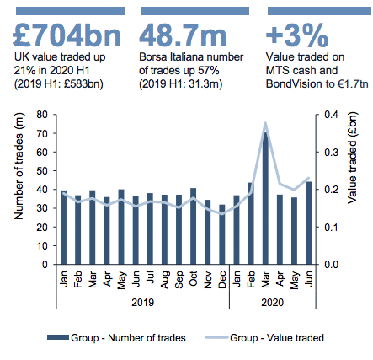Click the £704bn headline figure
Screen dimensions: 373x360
point(67,35)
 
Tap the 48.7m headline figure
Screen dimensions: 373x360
point(183,35)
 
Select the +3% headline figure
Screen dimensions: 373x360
point(297,35)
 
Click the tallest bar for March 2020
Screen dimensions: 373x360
point(265,198)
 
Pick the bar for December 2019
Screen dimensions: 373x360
point(222,234)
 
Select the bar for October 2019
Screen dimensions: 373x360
point(193,226)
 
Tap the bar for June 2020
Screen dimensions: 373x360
point(308,223)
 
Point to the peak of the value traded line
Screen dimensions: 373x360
point(265,123)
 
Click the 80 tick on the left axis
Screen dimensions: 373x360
point(43,115)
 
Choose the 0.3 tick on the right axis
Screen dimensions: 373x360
point(332,152)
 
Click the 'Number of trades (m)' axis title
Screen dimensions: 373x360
point(19,166)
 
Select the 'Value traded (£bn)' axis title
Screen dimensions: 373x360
point(352,158)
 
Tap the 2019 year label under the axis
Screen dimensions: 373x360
point(143,303)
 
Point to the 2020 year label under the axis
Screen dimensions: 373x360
point(273,303)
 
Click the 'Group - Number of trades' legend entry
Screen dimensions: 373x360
point(116,337)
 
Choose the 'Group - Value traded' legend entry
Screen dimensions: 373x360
point(264,337)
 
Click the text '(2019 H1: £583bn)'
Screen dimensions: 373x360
point(59,83)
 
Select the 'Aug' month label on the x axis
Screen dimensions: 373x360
point(165,280)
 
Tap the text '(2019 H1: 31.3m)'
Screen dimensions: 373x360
point(181,83)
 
